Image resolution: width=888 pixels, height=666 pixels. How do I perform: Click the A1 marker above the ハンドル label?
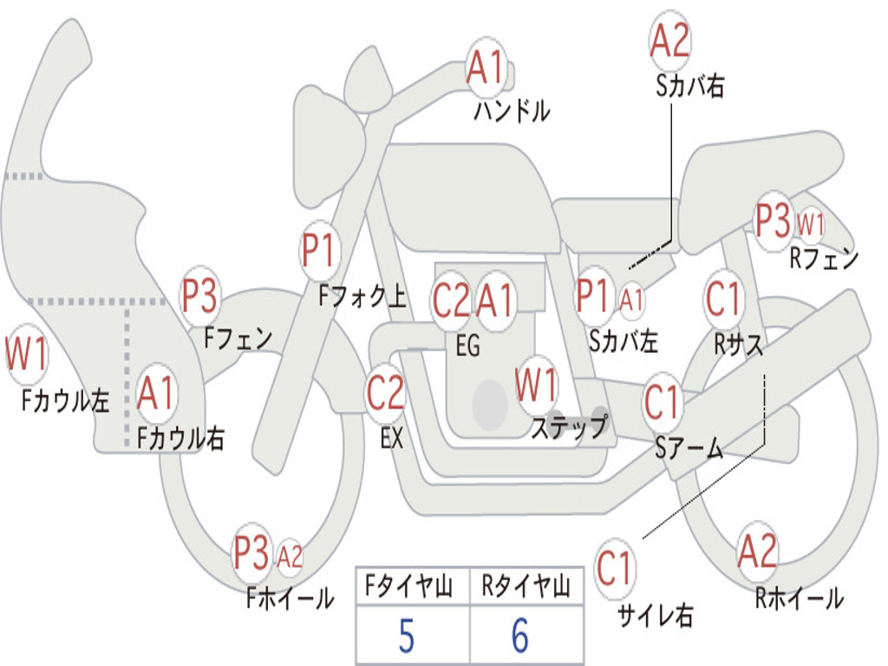486,67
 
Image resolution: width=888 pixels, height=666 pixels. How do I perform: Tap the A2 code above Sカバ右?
670,40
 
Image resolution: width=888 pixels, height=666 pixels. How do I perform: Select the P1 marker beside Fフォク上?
319,251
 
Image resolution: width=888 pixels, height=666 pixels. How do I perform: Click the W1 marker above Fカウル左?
26,354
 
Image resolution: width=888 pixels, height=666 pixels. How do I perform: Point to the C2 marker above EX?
385,393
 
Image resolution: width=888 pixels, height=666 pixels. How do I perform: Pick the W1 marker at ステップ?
535,385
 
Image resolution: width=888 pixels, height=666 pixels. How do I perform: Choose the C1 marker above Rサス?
723,298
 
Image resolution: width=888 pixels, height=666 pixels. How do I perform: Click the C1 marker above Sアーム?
661,402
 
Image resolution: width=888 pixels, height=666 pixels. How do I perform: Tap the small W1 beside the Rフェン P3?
811,225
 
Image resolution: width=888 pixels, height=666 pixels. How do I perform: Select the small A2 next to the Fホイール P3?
290,557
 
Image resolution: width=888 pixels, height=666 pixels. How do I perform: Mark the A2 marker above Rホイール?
757,551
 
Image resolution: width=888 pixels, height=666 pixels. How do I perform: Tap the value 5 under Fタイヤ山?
407,636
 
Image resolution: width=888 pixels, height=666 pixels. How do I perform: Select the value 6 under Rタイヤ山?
520,636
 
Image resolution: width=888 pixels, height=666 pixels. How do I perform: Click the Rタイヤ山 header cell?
526,586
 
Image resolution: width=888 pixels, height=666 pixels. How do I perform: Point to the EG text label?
467,345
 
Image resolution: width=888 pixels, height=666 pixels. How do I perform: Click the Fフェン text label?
238,339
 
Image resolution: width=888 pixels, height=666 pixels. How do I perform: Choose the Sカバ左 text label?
623,341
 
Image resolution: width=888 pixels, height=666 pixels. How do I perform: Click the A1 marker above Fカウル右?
156,393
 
